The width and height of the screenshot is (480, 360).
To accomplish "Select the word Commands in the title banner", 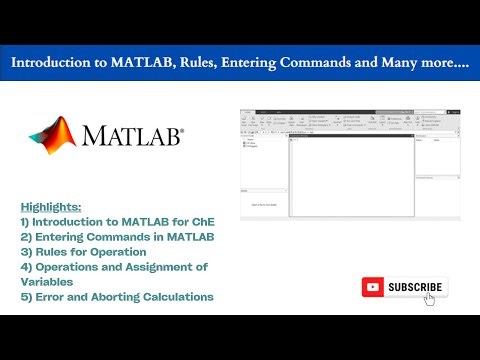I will click(x=315, y=62).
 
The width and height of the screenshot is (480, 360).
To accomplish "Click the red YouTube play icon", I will click(x=374, y=287).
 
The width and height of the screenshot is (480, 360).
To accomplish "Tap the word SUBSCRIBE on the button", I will click(x=414, y=287).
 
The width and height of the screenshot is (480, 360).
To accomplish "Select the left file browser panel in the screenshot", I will click(x=263, y=165).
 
